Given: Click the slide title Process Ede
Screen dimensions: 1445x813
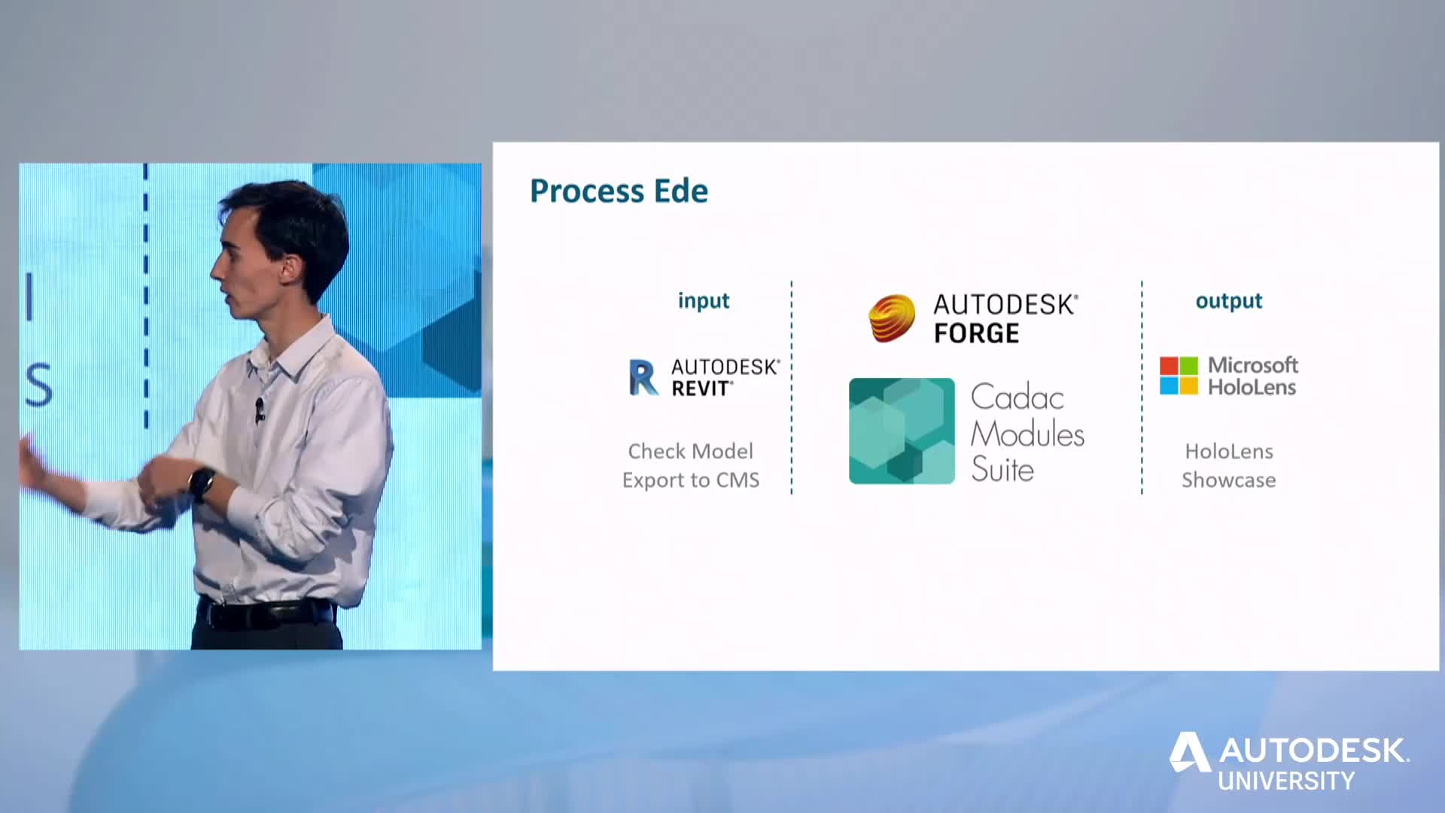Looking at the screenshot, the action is click(619, 191).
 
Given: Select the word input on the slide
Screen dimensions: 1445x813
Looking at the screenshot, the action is click(704, 301).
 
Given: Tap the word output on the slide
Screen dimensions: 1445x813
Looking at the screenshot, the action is click(1229, 301).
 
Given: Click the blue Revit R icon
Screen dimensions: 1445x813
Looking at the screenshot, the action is click(643, 377).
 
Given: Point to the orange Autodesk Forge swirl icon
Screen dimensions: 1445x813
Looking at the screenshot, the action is click(892, 318).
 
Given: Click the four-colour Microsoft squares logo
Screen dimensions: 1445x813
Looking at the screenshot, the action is click(1179, 376).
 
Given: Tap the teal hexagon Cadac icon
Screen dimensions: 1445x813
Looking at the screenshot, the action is click(902, 431).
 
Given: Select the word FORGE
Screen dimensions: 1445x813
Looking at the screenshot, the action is click(977, 333).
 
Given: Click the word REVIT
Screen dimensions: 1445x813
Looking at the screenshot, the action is click(701, 388).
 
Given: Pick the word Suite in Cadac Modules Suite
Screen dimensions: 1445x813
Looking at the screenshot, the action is click(1002, 469).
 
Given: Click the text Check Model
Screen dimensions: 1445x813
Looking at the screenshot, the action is click(691, 452).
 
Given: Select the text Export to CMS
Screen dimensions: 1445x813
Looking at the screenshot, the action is click(691, 480).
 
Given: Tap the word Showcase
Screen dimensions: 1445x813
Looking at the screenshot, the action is click(1229, 480).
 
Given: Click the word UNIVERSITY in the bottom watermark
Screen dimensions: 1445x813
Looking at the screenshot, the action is click(1286, 781).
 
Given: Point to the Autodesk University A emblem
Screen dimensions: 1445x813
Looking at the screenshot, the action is click(1190, 751).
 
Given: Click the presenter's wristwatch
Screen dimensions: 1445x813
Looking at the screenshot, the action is click(202, 484).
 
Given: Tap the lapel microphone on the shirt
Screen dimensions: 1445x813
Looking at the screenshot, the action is click(260, 410).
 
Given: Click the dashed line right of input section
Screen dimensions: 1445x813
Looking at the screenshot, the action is click(792, 388).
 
